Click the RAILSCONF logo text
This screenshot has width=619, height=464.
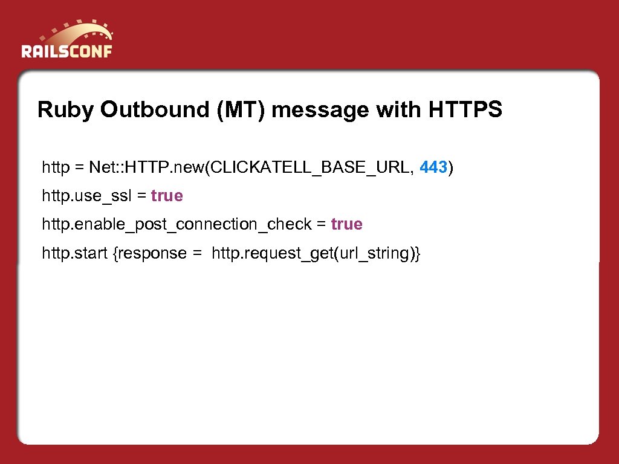[x=66, y=50]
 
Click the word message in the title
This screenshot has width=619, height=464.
[x=320, y=110]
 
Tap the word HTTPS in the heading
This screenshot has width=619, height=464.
[x=465, y=110]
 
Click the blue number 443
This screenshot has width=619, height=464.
[x=433, y=167]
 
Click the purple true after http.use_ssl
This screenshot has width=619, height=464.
[x=167, y=196]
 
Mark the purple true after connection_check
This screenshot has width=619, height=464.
[x=347, y=224]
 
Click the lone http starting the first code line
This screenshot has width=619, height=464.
[x=56, y=167]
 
